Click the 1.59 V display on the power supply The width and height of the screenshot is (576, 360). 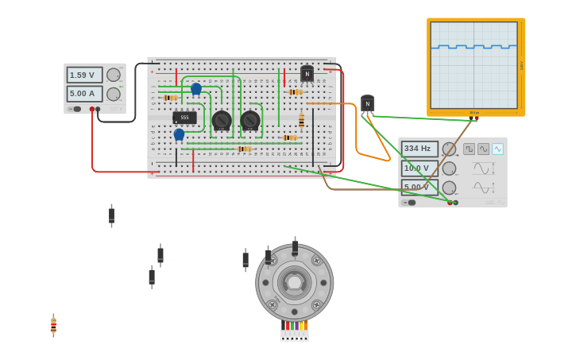click(84, 75)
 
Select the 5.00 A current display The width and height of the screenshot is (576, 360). click(84, 94)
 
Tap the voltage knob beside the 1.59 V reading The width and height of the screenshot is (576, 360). click(114, 75)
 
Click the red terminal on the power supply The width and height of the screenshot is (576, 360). click(92, 109)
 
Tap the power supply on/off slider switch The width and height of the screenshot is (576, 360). click(75, 109)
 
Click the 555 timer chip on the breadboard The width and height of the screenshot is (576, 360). click(184, 118)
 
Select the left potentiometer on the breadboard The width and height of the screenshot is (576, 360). click(222, 121)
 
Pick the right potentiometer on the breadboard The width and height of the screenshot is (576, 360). click(250, 121)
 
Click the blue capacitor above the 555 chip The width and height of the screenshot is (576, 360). click(196, 88)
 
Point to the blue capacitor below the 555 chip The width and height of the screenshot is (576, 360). click(179, 134)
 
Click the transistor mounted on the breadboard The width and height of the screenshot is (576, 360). click(307, 74)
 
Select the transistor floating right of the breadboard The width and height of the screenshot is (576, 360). click(367, 104)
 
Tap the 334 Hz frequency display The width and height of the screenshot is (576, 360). click(419, 149)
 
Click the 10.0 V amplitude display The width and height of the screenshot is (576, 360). click(419, 168)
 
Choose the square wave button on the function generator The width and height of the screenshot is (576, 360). click(469, 149)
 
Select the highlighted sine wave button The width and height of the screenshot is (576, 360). click(497, 149)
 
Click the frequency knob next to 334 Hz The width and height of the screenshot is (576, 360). click(449, 149)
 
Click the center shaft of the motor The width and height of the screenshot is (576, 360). click(295, 283)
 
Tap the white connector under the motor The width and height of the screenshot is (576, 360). click(294, 335)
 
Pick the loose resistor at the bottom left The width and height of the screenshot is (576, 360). click(53, 325)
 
